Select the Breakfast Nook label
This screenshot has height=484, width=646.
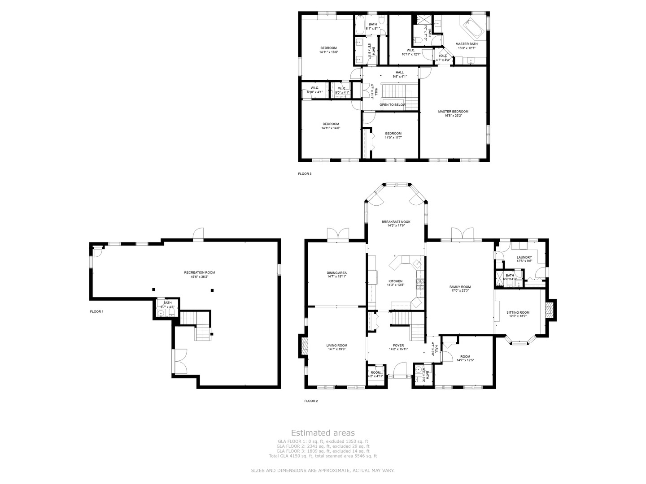pos(396,222)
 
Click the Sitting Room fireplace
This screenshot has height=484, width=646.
pos(549,310)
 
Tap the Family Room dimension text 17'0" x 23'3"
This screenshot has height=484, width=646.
pos(460,291)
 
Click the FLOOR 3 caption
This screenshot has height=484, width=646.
pos(305,174)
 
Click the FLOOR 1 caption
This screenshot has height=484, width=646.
pos(96,311)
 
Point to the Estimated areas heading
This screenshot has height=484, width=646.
pos(323,433)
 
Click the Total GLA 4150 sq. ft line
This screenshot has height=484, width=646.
pos(323,456)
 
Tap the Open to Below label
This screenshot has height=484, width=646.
pos(393,105)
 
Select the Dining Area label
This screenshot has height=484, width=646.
pos(336,273)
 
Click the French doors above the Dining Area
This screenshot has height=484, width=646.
pos(337,234)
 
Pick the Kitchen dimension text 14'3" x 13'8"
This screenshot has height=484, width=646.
pos(395,285)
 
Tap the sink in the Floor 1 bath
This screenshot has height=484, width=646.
pos(162,312)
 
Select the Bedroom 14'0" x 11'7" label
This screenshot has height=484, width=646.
pos(393,134)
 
